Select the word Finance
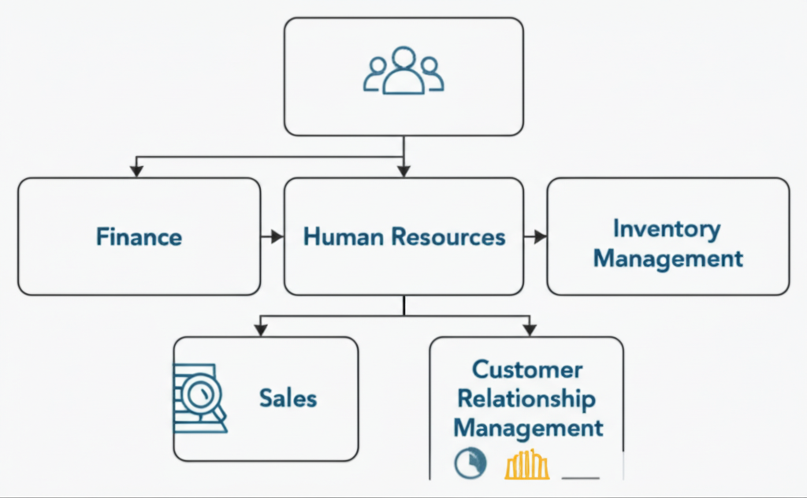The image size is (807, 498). tap(139, 236)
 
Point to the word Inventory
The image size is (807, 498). tap(667, 229)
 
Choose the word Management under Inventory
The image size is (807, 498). tap(668, 258)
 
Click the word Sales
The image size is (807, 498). tap(288, 398)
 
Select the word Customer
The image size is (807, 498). tap(527, 370)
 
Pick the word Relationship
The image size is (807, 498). tap(526, 399)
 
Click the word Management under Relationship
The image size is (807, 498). tap(528, 428)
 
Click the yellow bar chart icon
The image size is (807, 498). tap(526, 464)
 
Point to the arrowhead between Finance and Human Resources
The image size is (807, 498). tap(277, 236)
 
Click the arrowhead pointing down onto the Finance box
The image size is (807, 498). tap(137, 169)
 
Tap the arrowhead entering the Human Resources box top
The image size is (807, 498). tap(403, 169)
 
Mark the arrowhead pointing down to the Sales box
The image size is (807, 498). tap(259, 329)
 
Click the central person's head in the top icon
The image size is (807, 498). tap(403, 58)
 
